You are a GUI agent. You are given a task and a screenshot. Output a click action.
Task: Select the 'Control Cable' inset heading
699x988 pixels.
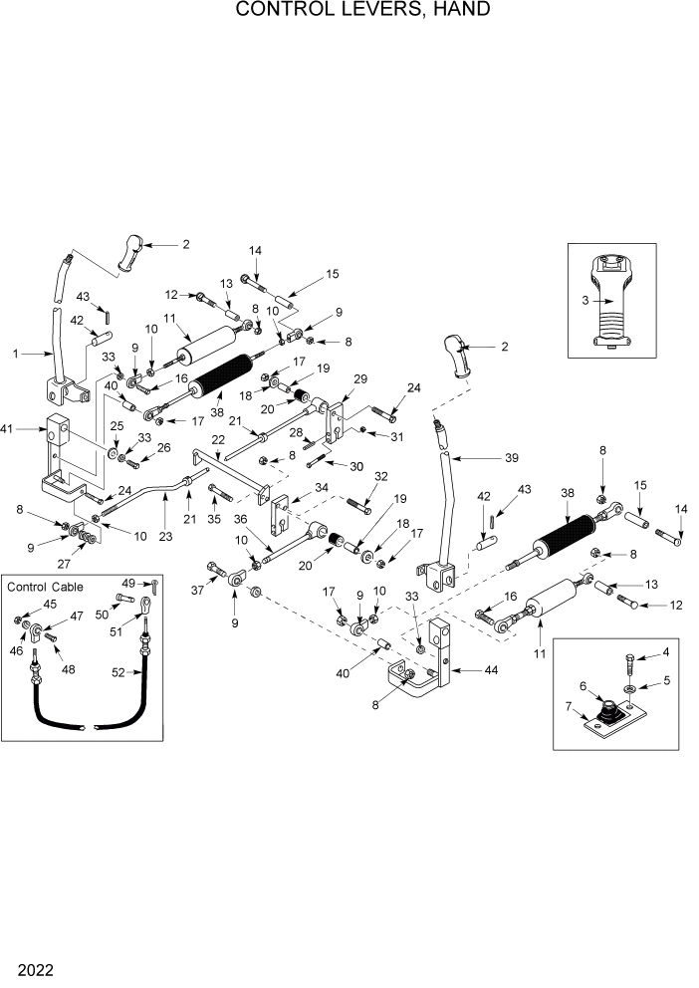(x=46, y=587)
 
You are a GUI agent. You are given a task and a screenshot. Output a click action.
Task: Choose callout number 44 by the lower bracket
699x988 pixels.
(x=493, y=671)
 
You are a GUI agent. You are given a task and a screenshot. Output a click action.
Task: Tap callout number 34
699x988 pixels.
(x=322, y=487)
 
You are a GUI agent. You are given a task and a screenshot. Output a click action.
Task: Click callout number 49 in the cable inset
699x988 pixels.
(x=128, y=583)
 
